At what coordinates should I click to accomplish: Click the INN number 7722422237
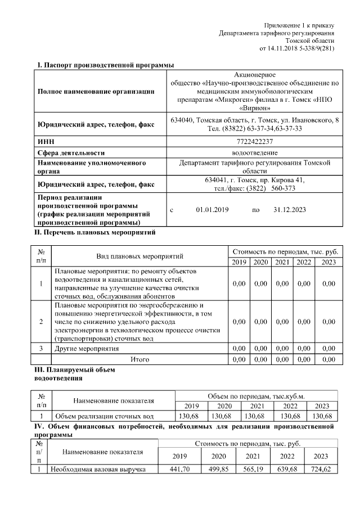pyautogui.click(x=255, y=142)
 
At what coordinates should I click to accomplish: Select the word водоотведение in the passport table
pyautogui.click(x=255, y=152)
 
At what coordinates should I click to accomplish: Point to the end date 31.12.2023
pyautogui.click(x=289, y=210)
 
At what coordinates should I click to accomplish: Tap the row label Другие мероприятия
pyautogui.click(x=87, y=349)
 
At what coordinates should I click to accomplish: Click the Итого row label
pyautogui.click(x=139, y=359)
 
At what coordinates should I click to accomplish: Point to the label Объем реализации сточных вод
pyautogui.click(x=103, y=417)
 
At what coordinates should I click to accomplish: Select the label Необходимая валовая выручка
pyautogui.click(x=98, y=469)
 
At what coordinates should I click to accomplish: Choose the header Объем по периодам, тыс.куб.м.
pyautogui.click(x=256, y=396)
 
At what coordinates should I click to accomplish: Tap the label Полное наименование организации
pyautogui.click(x=96, y=92)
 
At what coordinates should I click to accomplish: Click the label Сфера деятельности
pyautogui.click(x=72, y=152)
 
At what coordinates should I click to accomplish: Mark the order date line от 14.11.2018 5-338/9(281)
pyautogui.click(x=296, y=49)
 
